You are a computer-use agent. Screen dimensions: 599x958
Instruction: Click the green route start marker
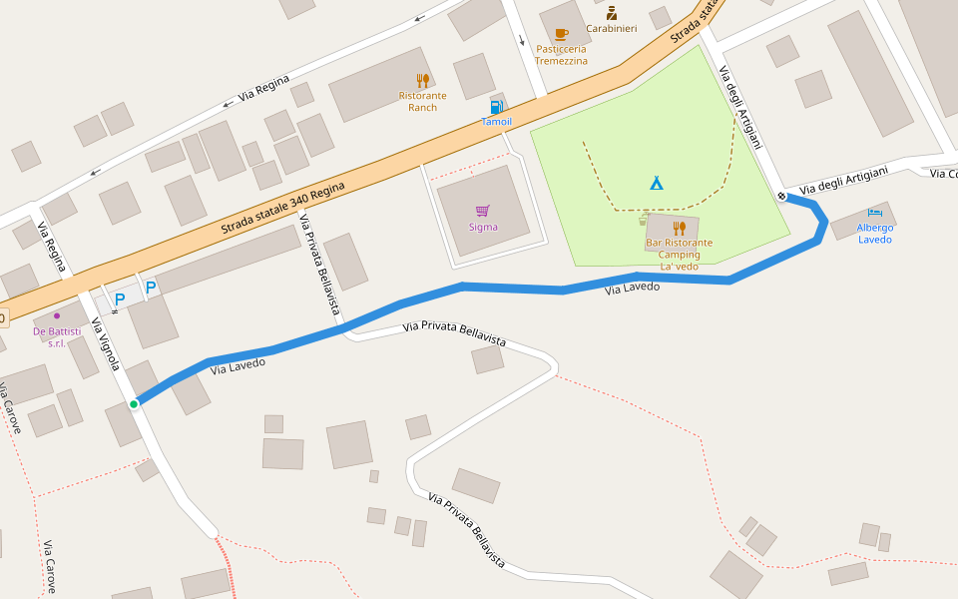133,403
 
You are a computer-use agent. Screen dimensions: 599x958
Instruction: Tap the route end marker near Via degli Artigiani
782,196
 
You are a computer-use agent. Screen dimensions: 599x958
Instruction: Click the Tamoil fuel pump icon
496,107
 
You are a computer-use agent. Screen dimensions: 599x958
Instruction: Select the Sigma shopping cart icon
483,211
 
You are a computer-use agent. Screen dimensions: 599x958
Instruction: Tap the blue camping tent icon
657,182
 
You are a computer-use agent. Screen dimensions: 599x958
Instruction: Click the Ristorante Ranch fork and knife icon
422,81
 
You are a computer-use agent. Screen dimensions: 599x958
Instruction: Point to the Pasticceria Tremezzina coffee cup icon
561,34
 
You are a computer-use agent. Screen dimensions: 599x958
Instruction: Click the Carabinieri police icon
612,13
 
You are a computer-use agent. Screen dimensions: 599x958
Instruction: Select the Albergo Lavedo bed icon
875,213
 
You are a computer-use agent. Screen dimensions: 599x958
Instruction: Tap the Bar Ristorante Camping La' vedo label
679,255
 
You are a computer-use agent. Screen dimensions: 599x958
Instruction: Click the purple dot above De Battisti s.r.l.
57,315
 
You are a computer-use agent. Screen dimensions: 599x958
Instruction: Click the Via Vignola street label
106,344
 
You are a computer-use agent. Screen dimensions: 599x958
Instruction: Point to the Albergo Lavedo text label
875,234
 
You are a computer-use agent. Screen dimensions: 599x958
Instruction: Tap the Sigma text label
483,227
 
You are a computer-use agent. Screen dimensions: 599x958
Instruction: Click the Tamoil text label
496,122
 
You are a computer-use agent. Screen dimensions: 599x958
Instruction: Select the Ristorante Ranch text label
422,102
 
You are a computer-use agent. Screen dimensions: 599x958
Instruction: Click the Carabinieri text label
612,29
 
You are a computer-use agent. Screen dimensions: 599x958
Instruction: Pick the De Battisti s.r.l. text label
57,336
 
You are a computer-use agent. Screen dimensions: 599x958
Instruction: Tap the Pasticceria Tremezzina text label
561,55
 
